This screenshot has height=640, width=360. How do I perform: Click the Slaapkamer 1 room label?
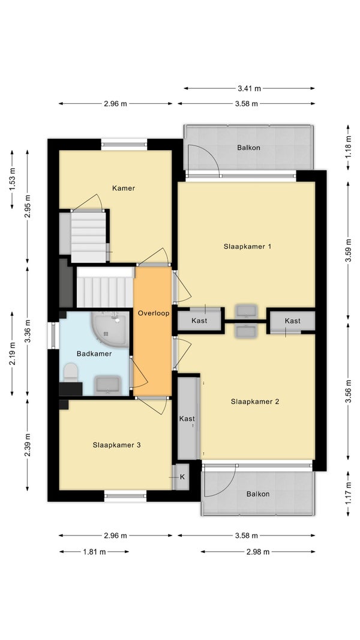coord(247,247)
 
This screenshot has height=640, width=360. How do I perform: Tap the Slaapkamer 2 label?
coord(255,402)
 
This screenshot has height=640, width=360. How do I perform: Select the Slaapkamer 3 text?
coord(116,445)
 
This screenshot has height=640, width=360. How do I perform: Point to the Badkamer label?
coord(94,354)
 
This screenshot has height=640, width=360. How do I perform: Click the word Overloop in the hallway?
coord(153,313)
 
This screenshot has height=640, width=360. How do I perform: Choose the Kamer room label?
coord(124,188)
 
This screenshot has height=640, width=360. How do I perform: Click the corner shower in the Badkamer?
coord(112,329)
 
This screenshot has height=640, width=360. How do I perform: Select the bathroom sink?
coord(107,385)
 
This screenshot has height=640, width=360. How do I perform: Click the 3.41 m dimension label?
coord(250,88)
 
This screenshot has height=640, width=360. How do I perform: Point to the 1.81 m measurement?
coord(95,552)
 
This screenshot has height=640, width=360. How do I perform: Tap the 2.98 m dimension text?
coord(258,552)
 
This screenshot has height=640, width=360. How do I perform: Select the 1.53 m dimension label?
coord(12,180)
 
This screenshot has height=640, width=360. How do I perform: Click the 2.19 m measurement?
coord(12,354)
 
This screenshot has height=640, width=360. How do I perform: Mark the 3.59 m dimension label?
coord(348,250)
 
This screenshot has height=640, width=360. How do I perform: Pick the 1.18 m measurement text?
coord(348,147)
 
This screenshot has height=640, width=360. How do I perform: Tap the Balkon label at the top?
coord(248,148)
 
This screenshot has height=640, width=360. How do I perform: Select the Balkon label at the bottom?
coord(258,494)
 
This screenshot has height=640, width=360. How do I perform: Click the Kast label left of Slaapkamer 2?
coord(187,419)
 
